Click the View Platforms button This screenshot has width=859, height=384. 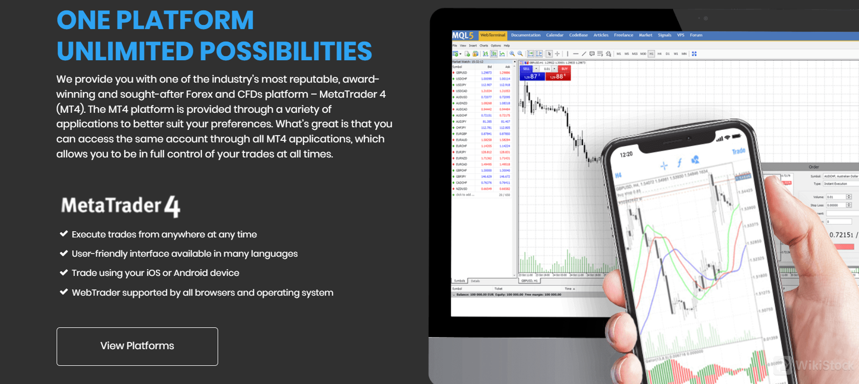tap(137, 346)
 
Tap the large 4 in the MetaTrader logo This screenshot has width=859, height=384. tap(172, 207)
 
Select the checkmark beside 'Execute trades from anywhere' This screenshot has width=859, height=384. tap(64, 234)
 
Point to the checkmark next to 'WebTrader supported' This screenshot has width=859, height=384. tap(64, 292)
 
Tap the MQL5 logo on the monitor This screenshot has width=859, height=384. tap(463, 35)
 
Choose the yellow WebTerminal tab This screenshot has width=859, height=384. tap(492, 35)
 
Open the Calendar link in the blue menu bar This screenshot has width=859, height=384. tap(555, 35)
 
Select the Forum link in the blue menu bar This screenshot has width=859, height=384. tap(696, 35)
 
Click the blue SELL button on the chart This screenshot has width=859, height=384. tap(527, 69)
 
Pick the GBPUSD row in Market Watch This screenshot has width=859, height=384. tap(462, 73)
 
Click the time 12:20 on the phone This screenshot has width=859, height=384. tap(626, 154)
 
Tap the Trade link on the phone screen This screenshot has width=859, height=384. tap(739, 151)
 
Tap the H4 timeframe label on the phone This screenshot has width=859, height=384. tap(618, 176)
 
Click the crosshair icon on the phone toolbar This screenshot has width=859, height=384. tap(664, 166)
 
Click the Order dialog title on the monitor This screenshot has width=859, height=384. tap(814, 167)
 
